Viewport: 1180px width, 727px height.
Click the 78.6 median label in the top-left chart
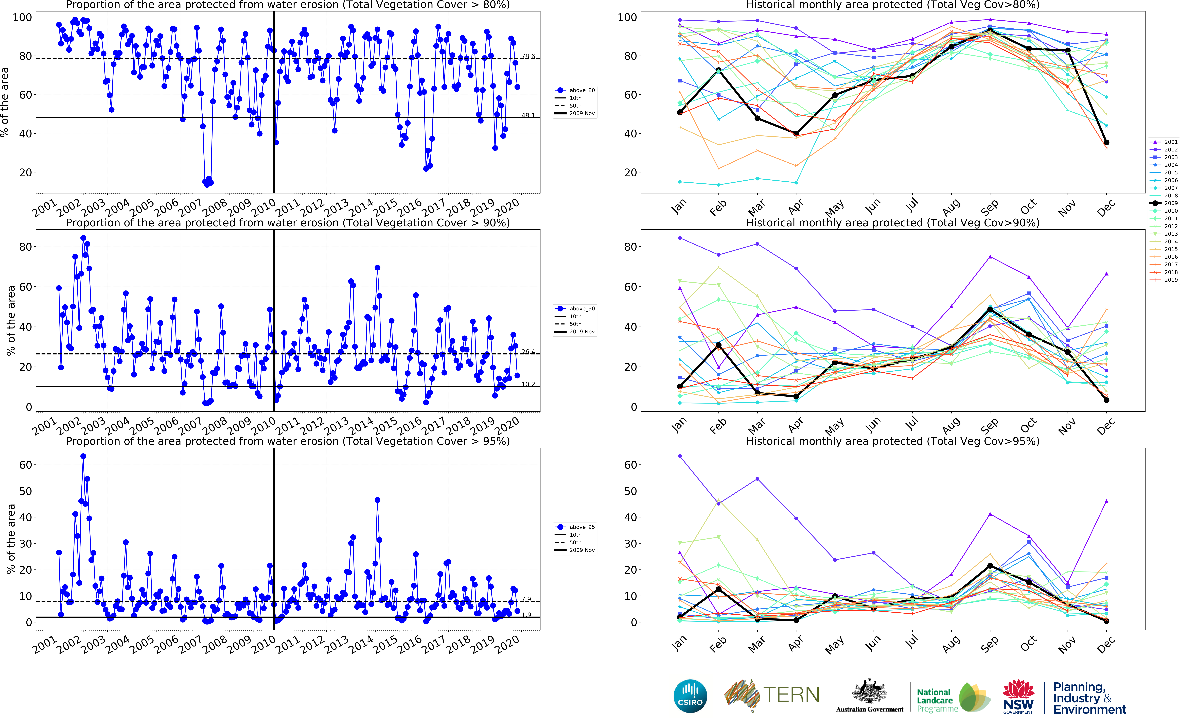click(x=528, y=56)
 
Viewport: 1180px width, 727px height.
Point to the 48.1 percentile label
click(x=528, y=115)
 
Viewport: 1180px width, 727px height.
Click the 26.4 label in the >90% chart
click(x=528, y=352)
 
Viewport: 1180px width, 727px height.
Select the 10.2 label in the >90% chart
click(x=528, y=384)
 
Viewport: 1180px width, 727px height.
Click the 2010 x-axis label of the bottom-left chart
click(x=264, y=644)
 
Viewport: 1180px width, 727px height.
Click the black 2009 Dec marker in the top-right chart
click(x=1106, y=142)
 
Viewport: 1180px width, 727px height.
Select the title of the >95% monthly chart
click(x=893, y=441)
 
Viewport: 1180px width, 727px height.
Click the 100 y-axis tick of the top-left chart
click(x=22, y=17)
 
